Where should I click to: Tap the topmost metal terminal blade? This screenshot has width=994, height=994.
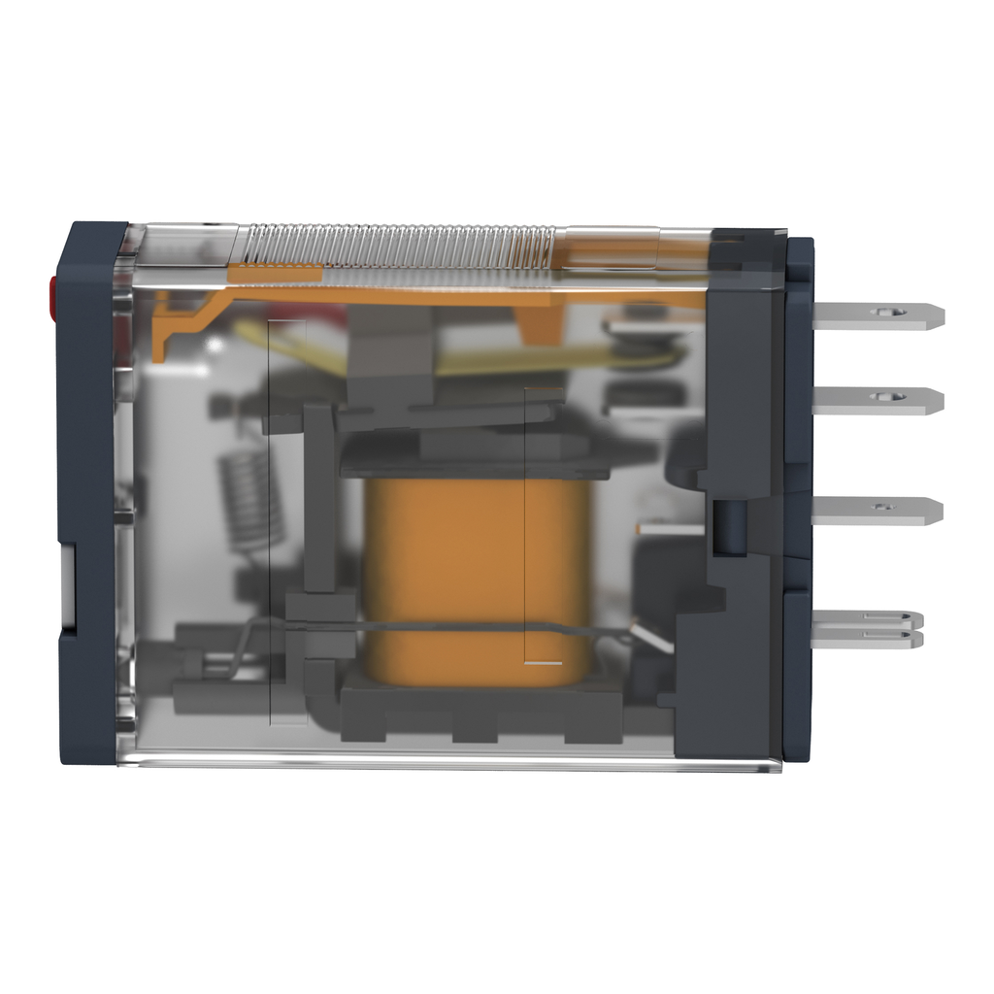coord(874,315)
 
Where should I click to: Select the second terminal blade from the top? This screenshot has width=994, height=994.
coord(874,400)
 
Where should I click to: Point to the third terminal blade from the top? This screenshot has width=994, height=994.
coord(874,511)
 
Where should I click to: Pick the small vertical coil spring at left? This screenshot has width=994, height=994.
coord(250,500)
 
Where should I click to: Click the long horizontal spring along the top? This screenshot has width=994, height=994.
coord(398,245)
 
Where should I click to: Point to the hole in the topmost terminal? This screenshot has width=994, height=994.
coord(884,313)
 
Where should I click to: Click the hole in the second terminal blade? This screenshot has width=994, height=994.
coord(882,396)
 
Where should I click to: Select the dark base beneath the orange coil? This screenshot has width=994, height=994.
coord(480,713)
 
